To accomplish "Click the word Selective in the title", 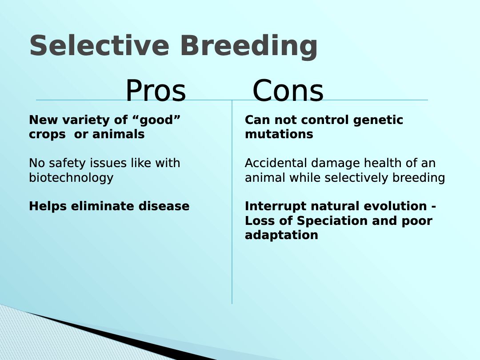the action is pyautogui.click(x=99, y=45).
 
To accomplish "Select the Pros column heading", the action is pyautogui.click(x=156, y=91).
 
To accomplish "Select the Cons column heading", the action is pyautogui.click(x=288, y=91).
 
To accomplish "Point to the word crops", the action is pyautogui.click(x=47, y=134).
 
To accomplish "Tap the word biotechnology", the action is pyautogui.click(x=71, y=177).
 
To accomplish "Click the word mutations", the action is pyautogui.click(x=279, y=134).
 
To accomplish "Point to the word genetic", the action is pyautogui.click(x=378, y=120).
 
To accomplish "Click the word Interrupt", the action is pyautogui.click(x=276, y=206).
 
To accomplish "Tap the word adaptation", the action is pyautogui.click(x=281, y=235).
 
